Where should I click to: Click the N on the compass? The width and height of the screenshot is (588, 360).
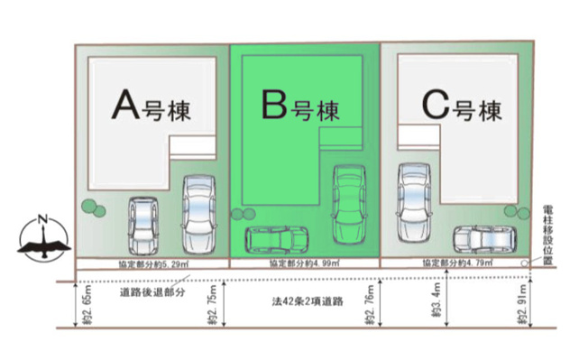(x=42, y=217)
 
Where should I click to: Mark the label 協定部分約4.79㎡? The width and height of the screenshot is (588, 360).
(x=455, y=263)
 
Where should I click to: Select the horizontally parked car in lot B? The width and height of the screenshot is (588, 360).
(x=277, y=239)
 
